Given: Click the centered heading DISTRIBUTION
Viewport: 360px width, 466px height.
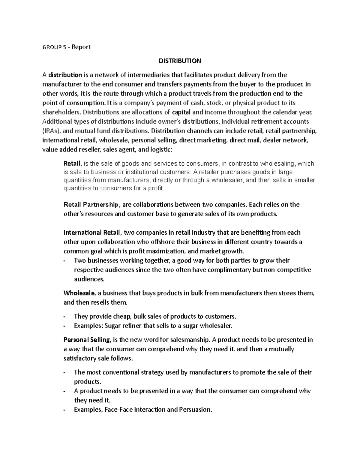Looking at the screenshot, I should tap(180, 61).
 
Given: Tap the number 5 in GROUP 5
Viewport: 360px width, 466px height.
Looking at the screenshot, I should tap(64, 47).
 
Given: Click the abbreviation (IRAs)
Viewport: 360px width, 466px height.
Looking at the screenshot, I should tap(51, 131).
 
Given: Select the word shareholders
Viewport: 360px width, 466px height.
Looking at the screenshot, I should tap(61, 112).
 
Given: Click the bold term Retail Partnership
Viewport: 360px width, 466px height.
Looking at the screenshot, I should tap(91, 205).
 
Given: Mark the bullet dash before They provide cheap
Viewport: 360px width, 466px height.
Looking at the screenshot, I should tap(65, 316).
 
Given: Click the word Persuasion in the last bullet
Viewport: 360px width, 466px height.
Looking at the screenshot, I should tap(195, 410).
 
